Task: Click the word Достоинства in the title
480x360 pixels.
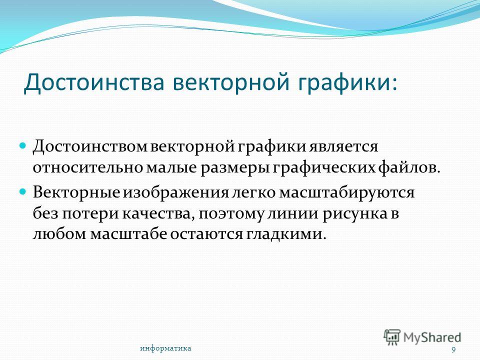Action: tap(94, 82)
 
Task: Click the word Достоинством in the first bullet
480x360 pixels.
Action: tap(90, 147)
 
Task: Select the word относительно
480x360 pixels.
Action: tap(88, 168)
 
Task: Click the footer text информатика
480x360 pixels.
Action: tap(165, 348)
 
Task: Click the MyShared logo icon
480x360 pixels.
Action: tap(392, 337)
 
